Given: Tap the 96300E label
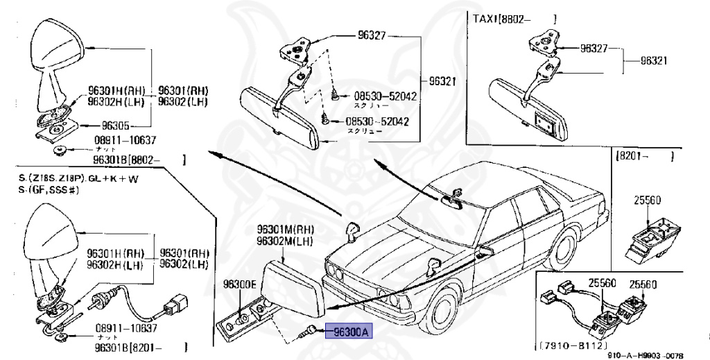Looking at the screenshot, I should pos(240,284).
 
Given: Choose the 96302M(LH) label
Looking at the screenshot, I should pos(284,241).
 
